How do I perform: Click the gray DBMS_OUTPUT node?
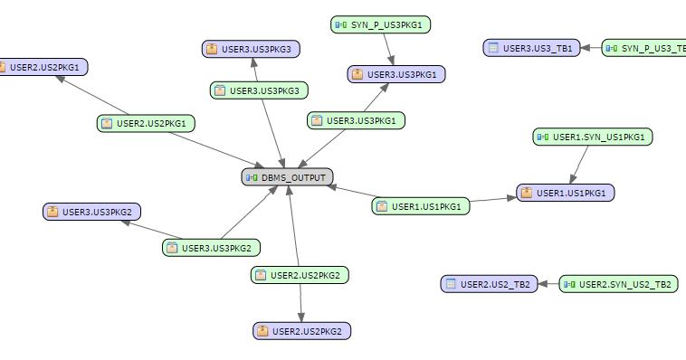click(289, 177)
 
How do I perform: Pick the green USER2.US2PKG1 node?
click(147, 122)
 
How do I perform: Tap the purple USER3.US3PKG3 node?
click(251, 49)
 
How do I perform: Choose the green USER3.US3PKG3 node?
click(261, 90)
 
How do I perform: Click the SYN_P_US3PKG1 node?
click(380, 24)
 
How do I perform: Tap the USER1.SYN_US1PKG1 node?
click(594, 137)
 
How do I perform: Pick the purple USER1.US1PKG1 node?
click(566, 193)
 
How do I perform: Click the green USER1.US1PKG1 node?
click(422, 206)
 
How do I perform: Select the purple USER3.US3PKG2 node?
click(92, 212)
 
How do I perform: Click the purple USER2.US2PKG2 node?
click(301, 331)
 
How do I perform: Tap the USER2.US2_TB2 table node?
click(489, 284)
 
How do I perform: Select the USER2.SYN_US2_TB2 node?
click(619, 284)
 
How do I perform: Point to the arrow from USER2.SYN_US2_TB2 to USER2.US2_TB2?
click(548, 284)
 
